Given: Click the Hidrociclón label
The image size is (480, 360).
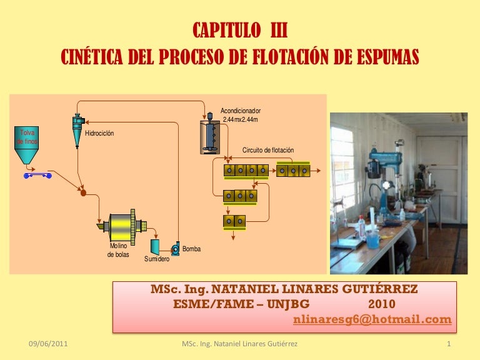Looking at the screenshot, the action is click(x=99, y=133).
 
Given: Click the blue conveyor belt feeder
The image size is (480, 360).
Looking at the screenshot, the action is click(x=37, y=176).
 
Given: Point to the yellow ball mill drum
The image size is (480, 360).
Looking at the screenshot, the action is click(x=122, y=227).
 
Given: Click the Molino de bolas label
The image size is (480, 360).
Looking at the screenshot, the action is click(x=118, y=250).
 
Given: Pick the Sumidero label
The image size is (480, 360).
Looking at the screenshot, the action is click(x=157, y=259).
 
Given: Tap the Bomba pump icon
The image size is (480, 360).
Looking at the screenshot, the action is click(x=176, y=249).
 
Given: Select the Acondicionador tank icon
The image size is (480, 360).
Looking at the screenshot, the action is click(x=210, y=134).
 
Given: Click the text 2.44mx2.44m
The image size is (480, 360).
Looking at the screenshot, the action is click(x=240, y=119).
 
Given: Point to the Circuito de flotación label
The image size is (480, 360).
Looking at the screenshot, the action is click(x=268, y=150).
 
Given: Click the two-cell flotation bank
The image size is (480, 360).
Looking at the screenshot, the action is click(x=234, y=221).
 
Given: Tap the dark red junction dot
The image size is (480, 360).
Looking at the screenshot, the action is click(x=83, y=193).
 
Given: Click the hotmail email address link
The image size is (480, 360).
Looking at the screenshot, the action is click(x=372, y=319).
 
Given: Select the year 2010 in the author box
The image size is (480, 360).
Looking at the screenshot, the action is click(x=382, y=304).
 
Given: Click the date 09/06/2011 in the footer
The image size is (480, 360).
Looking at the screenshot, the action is click(x=48, y=344).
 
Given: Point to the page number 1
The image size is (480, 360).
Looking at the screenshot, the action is click(x=449, y=344).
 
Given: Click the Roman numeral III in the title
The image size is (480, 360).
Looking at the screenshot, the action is click(x=279, y=30).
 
